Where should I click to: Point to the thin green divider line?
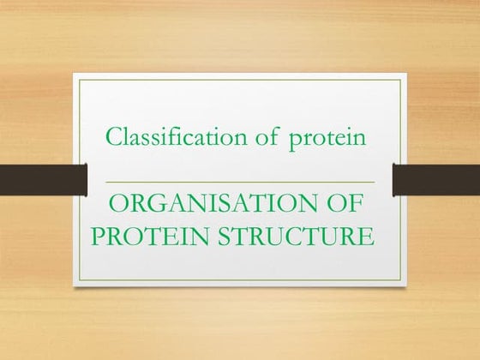click(239, 183)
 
